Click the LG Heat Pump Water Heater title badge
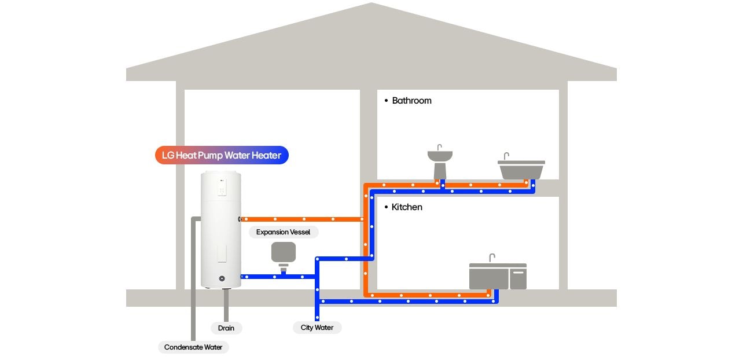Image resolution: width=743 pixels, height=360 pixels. pos(222,155)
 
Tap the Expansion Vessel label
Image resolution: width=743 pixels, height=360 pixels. pos(283,232)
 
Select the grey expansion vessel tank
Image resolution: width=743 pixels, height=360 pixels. pos(284,252)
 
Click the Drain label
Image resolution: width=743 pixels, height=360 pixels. pos(226,328)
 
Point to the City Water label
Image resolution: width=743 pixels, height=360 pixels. pos(317,328)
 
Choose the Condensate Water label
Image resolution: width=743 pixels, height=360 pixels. pos(193,347)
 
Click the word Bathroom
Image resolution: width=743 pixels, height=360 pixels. pos(411,101)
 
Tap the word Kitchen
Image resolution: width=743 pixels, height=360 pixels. pos(407,207)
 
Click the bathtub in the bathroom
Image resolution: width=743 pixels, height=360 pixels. pos(521,170)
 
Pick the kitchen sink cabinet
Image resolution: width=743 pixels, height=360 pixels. pos(497,277)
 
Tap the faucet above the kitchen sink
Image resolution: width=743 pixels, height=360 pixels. pos(492,258)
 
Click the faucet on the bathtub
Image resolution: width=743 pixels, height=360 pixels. pos(506,156)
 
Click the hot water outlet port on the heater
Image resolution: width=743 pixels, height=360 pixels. pos(240,219)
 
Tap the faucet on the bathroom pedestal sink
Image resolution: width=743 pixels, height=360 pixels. pos(439,147)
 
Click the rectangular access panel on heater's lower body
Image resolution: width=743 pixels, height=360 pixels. pos(222,253)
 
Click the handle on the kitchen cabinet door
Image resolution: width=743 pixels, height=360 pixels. pos(518,272)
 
